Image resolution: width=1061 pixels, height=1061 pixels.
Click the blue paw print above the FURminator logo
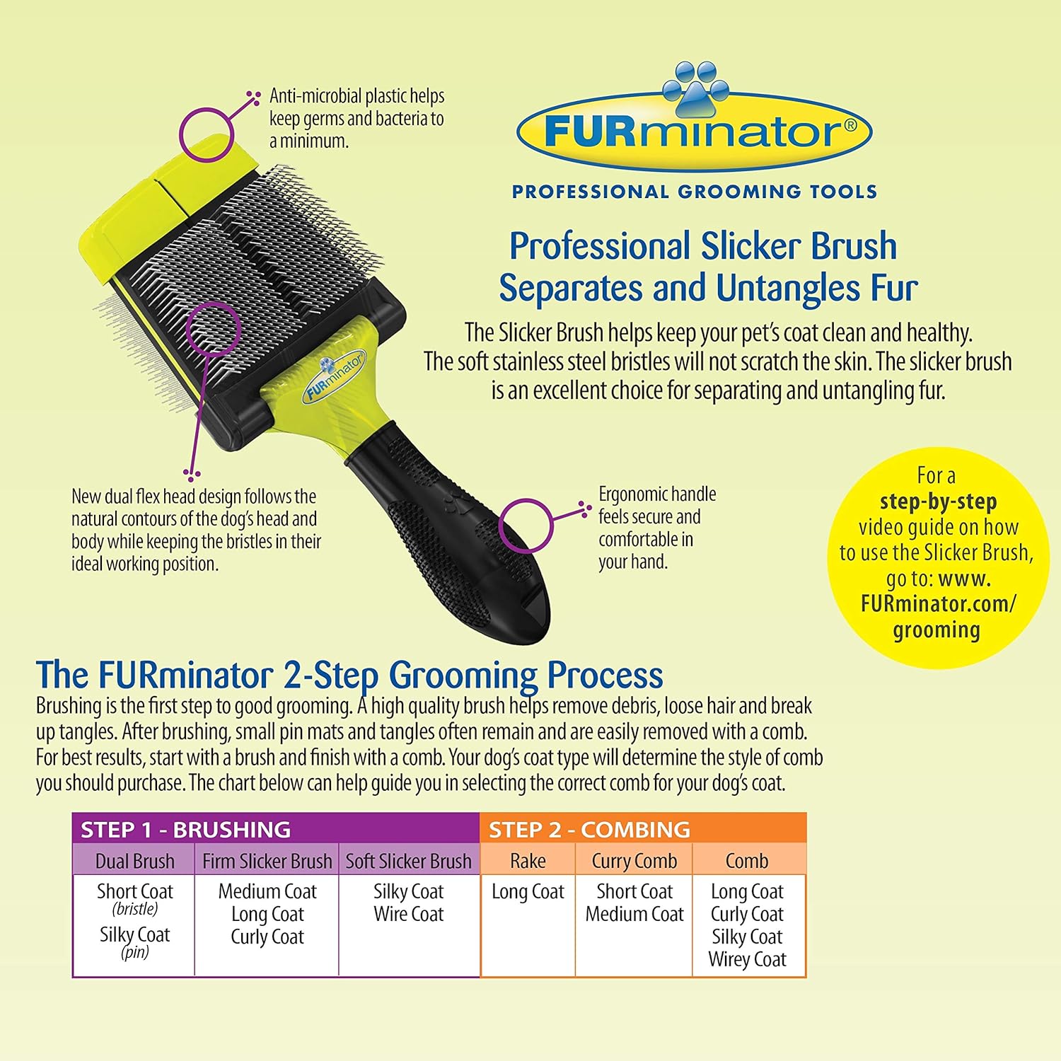pyautogui.click(x=695, y=88)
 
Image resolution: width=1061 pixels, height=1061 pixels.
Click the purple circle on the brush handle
pyautogui.click(x=525, y=525)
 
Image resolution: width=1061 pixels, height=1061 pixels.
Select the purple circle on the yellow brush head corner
pyautogui.click(x=205, y=134)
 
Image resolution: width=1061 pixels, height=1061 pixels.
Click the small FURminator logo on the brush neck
pyautogui.click(x=334, y=376)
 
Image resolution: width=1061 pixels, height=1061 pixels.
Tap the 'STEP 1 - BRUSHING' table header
pyautogui.click(x=185, y=829)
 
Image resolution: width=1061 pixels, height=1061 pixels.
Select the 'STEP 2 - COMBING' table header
pyautogui.click(x=589, y=829)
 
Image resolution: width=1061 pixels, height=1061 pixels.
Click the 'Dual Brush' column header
pyautogui.click(x=134, y=861)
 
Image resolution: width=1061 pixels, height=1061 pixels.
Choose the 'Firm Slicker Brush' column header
pyautogui.click(x=267, y=861)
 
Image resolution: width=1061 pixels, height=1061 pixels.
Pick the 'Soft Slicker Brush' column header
pyautogui.click(x=408, y=861)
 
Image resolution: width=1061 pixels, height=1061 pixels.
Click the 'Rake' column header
pyautogui.click(x=528, y=861)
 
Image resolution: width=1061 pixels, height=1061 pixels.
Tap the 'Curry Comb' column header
pyautogui.click(x=634, y=861)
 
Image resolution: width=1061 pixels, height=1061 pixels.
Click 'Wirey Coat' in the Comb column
pyautogui.click(x=747, y=959)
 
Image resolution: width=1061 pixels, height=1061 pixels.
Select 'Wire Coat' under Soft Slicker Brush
pyautogui.click(x=408, y=914)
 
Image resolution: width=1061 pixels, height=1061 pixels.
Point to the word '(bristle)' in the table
pyautogui.click(x=134, y=909)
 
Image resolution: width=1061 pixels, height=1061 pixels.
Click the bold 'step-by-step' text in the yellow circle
pyautogui.click(x=938, y=501)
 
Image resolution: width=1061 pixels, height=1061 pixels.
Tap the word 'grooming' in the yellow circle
pyautogui.click(x=937, y=630)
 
